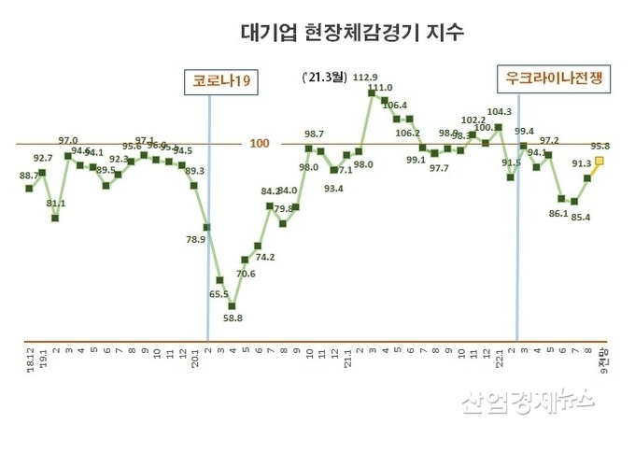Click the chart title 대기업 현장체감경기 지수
(339, 34)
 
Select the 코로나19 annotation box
(221, 81)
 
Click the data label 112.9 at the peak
(366, 77)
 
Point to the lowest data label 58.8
(233, 318)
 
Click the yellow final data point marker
(600, 161)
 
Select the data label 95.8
(600, 146)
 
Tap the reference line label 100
(260, 143)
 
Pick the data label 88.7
(29, 176)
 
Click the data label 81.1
(55, 203)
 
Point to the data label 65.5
(219, 294)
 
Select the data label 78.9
(196, 240)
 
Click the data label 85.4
(580, 218)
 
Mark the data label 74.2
(264, 257)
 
